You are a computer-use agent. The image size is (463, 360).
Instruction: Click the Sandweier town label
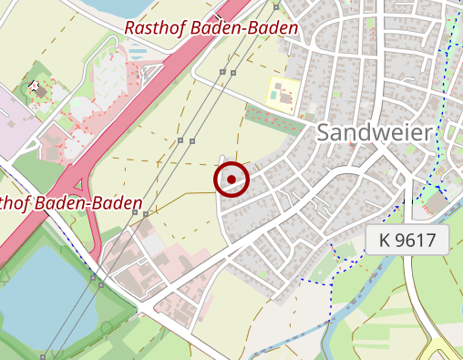click(374, 133)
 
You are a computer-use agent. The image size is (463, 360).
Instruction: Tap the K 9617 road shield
click(407, 242)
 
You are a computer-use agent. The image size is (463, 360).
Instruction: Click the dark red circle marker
click(232, 179)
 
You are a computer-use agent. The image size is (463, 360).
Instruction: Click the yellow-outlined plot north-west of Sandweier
click(283, 92)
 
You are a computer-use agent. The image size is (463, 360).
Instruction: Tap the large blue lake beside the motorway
click(36, 292)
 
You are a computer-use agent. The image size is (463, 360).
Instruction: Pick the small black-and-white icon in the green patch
click(37, 87)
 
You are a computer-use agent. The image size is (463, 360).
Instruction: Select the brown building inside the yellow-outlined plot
click(281, 92)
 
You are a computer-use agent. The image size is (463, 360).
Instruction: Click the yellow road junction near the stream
click(441, 351)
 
